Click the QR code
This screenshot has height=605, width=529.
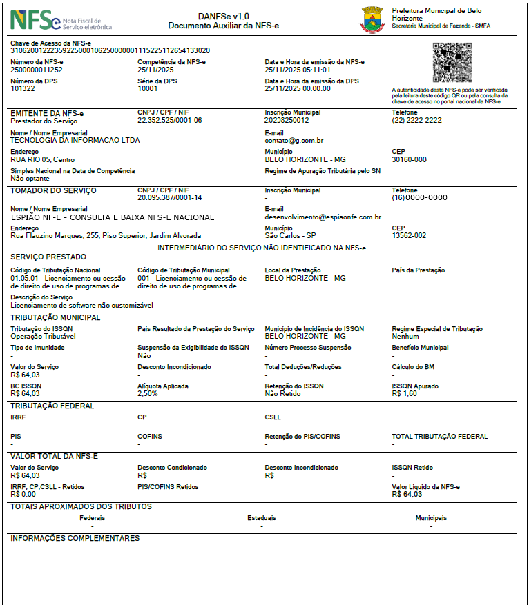pyautogui.click(x=452, y=63)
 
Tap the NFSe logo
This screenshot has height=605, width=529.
pyautogui.click(x=35, y=21)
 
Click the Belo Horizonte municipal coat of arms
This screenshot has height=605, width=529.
pyautogui.click(x=372, y=20)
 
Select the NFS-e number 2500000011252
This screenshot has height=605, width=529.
pyautogui.click(x=37, y=70)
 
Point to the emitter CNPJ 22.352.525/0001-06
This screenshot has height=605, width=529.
pyautogui.click(x=169, y=120)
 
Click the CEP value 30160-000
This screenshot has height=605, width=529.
pyautogui.click(x=409, y=159)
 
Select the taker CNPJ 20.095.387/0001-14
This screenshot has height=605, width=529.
pyautogui.click(x=169, y=197)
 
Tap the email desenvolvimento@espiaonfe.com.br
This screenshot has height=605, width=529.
pyautogui.click(x=323, y=217)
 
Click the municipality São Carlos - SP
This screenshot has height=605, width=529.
pyautogui.click(x=290, y=235)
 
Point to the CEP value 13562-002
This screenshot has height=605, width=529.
pyautogui.click(x=409, y=235)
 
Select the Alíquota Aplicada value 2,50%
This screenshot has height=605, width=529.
pyautogui.click(x=148, y=393)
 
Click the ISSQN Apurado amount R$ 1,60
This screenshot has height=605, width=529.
pyautogui.click(x=404, y=393)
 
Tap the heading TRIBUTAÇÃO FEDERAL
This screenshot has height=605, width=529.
pyautogui.click(x=52, y=406)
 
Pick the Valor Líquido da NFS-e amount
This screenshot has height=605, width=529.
pyautogui.click(x=406, y=494)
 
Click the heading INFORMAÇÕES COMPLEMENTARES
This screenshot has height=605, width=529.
pyautogui.click(x=75, y=538)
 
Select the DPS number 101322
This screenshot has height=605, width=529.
pyautogui.click(x=23, y=88)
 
